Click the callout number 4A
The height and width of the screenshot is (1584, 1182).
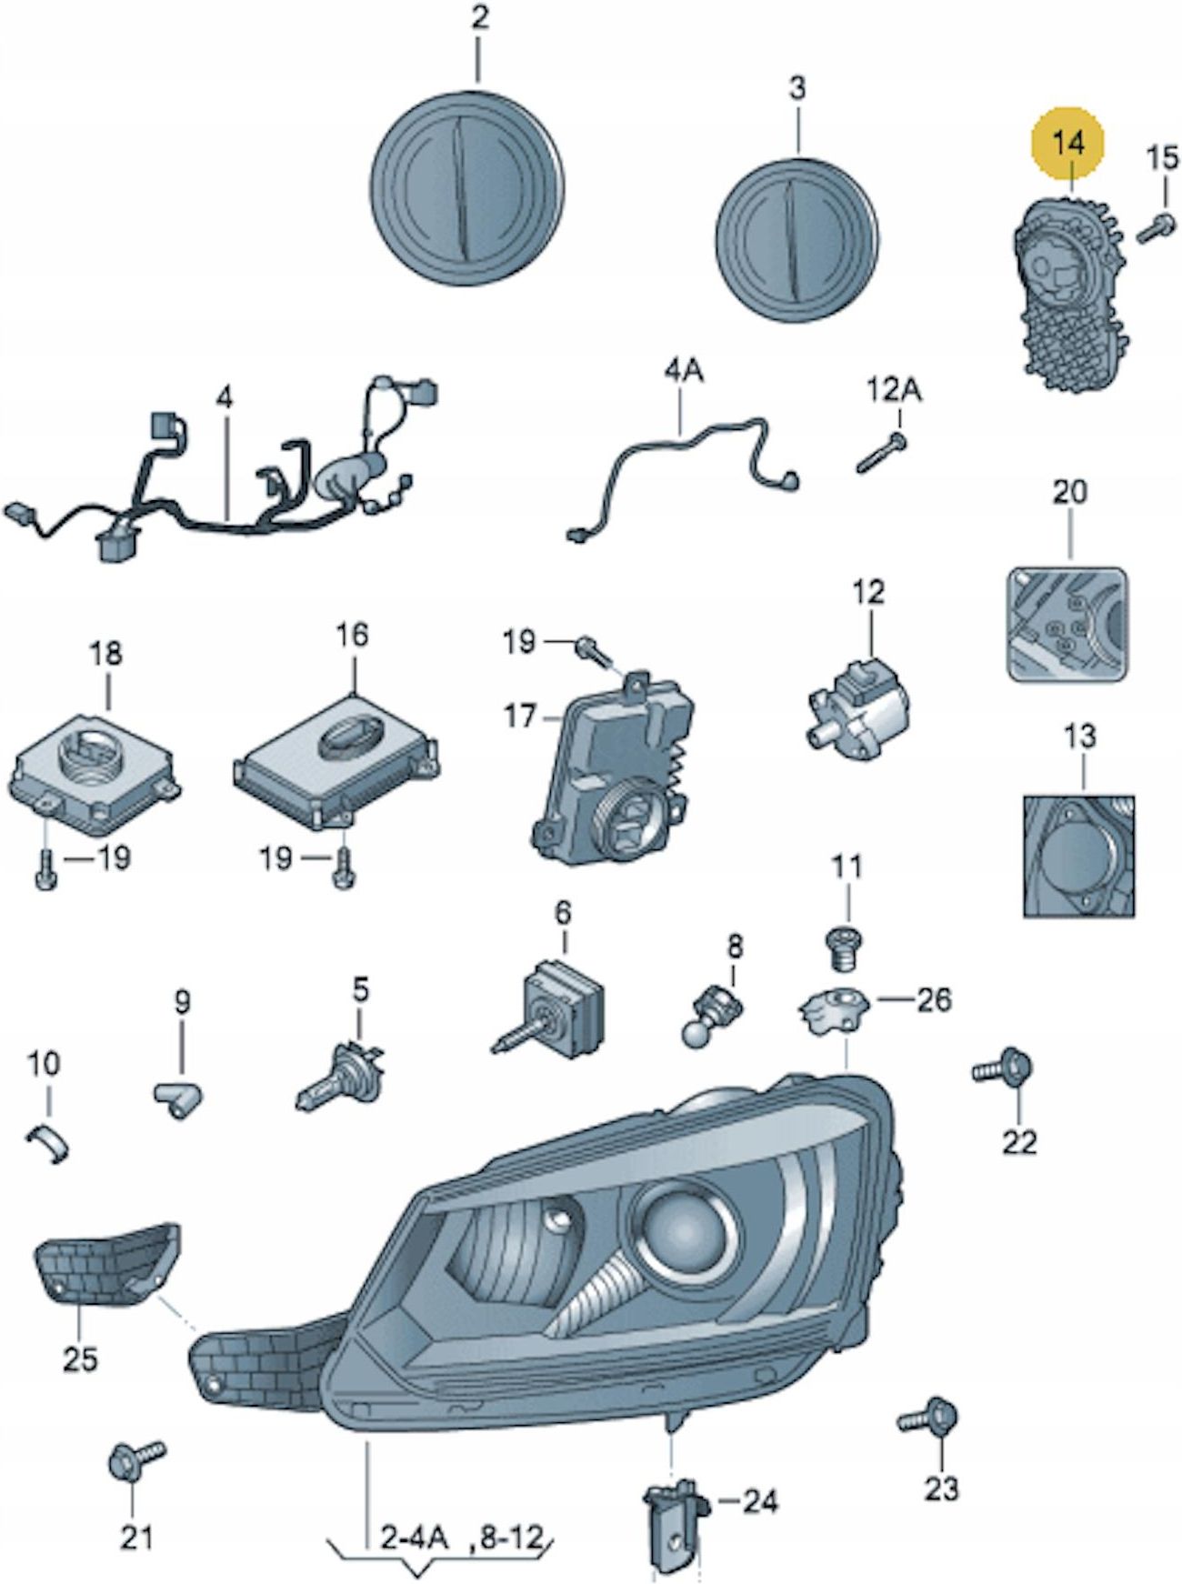coord(684,375)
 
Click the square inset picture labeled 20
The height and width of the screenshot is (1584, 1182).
coord(1067,624)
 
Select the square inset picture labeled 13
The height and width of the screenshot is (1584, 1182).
coord(1079,855)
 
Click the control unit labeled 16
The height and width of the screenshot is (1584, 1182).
coord(336,747)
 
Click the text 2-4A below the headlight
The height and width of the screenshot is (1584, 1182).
coord(415,1539)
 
